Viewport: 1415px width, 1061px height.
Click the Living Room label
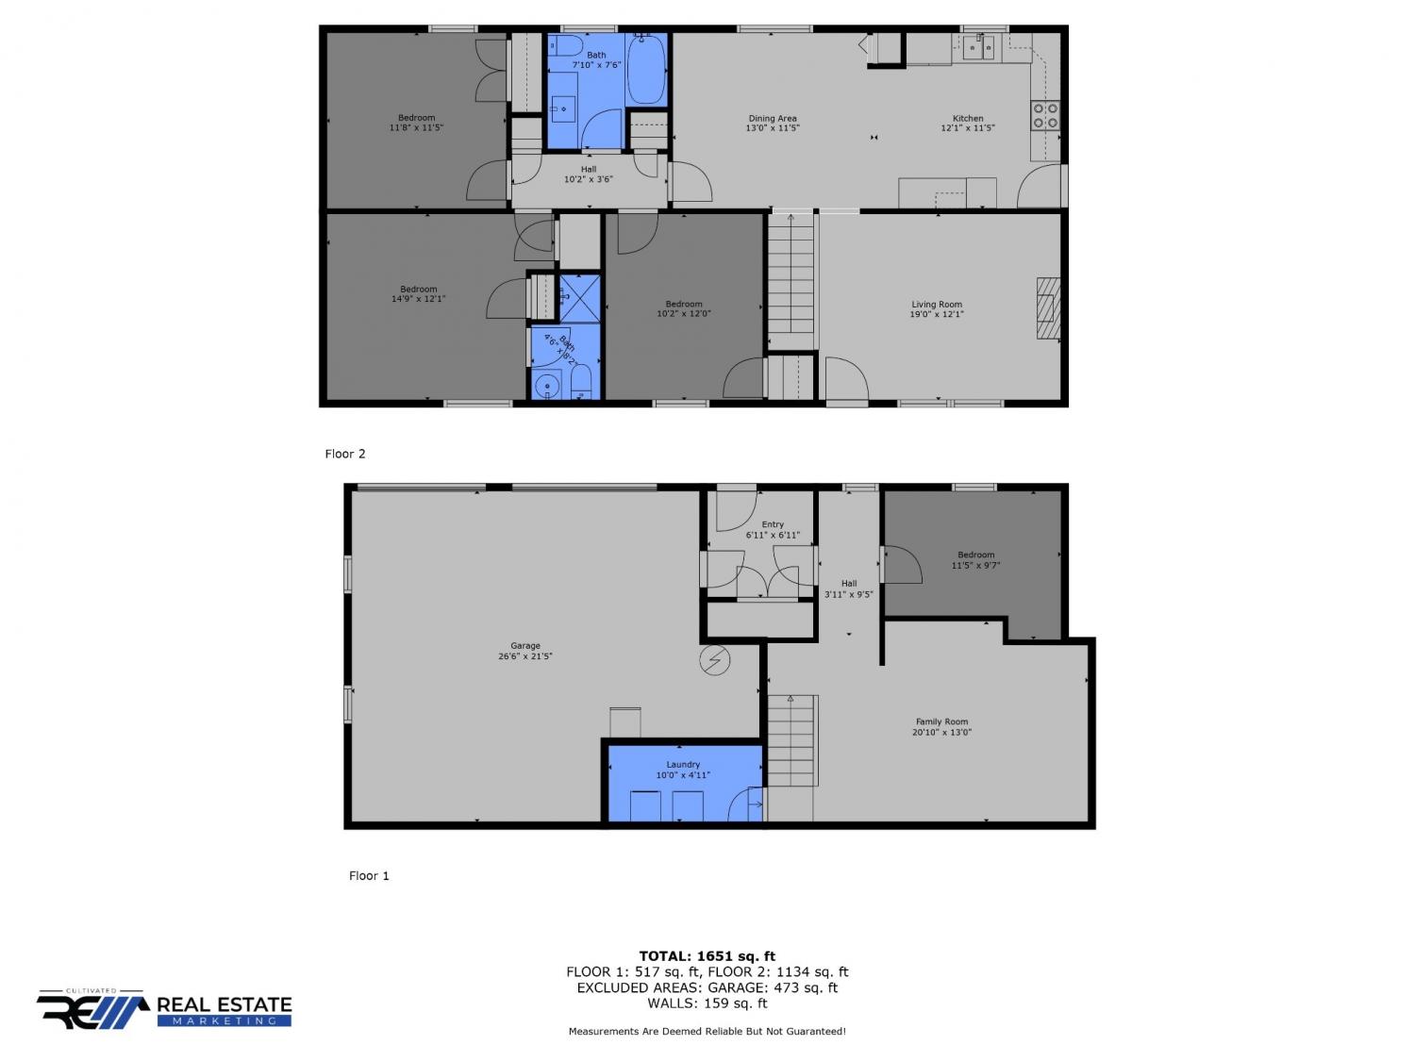[936, 305]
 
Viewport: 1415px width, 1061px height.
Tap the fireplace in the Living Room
[1047, 308]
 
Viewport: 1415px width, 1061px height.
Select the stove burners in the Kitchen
[1045, 115]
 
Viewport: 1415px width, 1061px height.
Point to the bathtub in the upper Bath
[645, 70]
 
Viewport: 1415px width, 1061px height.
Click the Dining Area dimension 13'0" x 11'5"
[773, 128]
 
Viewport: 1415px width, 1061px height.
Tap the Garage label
[525, 645]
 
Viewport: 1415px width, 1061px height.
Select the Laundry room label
[683, 764]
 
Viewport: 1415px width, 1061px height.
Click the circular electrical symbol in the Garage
[715, 660]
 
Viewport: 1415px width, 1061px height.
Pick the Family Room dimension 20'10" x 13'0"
[941, 732]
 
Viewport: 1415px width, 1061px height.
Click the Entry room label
[773, 524]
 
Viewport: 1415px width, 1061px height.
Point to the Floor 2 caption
[345, 454]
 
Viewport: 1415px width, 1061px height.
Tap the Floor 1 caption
[369, 875]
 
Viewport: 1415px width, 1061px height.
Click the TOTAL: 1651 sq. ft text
[707, 956]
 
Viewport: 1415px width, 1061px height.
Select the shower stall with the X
[579, 298]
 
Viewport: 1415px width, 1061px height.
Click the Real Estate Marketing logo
[164, 1009]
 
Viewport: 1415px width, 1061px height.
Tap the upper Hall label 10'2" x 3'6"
[588, 174]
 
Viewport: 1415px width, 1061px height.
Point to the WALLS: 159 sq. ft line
[707, 1003]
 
